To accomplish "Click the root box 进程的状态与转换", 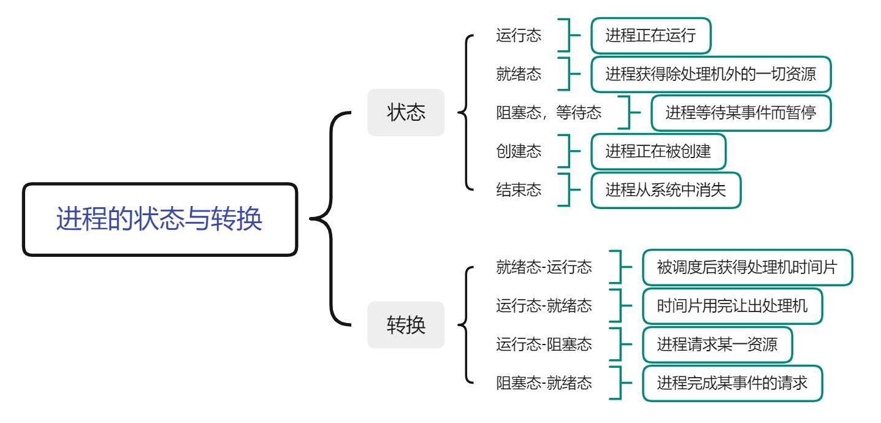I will tap(160, 219).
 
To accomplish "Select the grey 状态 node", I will tap(405, 113).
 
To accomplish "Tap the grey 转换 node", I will tap(405, 325).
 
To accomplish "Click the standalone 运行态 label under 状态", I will tap(518, 36).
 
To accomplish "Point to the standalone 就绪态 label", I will tap(518, 74).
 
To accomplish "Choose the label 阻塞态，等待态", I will tap(548, 113).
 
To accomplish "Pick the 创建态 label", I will tap(518, 151).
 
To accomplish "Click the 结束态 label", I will tap(518, 190).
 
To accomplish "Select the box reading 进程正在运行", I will tap(650, 36).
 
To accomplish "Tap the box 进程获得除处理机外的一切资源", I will tap(711, 74).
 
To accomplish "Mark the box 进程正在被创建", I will tap(658, 151).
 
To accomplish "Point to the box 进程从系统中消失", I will tap(665, 190).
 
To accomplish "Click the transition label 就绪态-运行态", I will tap(544, 267).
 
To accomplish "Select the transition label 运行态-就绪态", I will tap(544, 306).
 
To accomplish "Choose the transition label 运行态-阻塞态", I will tap(544, 345).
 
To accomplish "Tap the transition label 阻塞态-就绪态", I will tap(544, 383).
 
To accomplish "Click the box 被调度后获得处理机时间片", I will tap(747, 267).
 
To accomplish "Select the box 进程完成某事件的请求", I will tap(732, 383).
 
